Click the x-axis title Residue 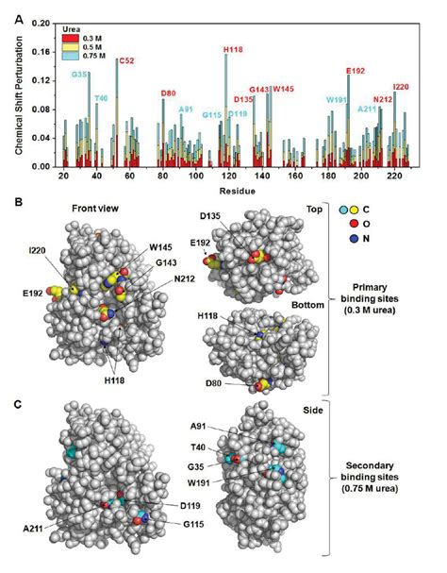coord(233,190)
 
